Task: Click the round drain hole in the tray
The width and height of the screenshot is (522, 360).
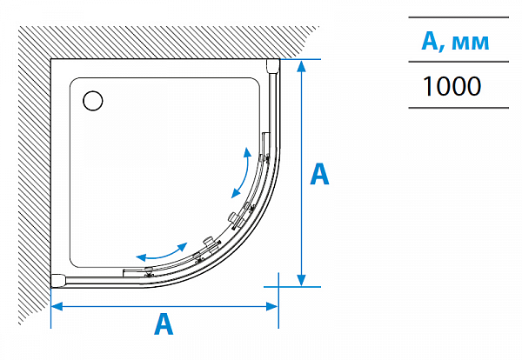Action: (91, 100)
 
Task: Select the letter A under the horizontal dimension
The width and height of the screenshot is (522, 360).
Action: (163, 324)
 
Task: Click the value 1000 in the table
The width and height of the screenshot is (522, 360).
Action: (451, 86)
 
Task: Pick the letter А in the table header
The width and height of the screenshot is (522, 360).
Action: (429, 42)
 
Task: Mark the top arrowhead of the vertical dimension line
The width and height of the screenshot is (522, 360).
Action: (301, 66)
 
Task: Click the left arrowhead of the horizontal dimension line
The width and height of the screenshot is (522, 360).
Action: (57, 305)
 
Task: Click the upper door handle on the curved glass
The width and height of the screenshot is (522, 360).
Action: (232, 215)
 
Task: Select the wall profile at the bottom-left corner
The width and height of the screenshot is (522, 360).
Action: (58, 279)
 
